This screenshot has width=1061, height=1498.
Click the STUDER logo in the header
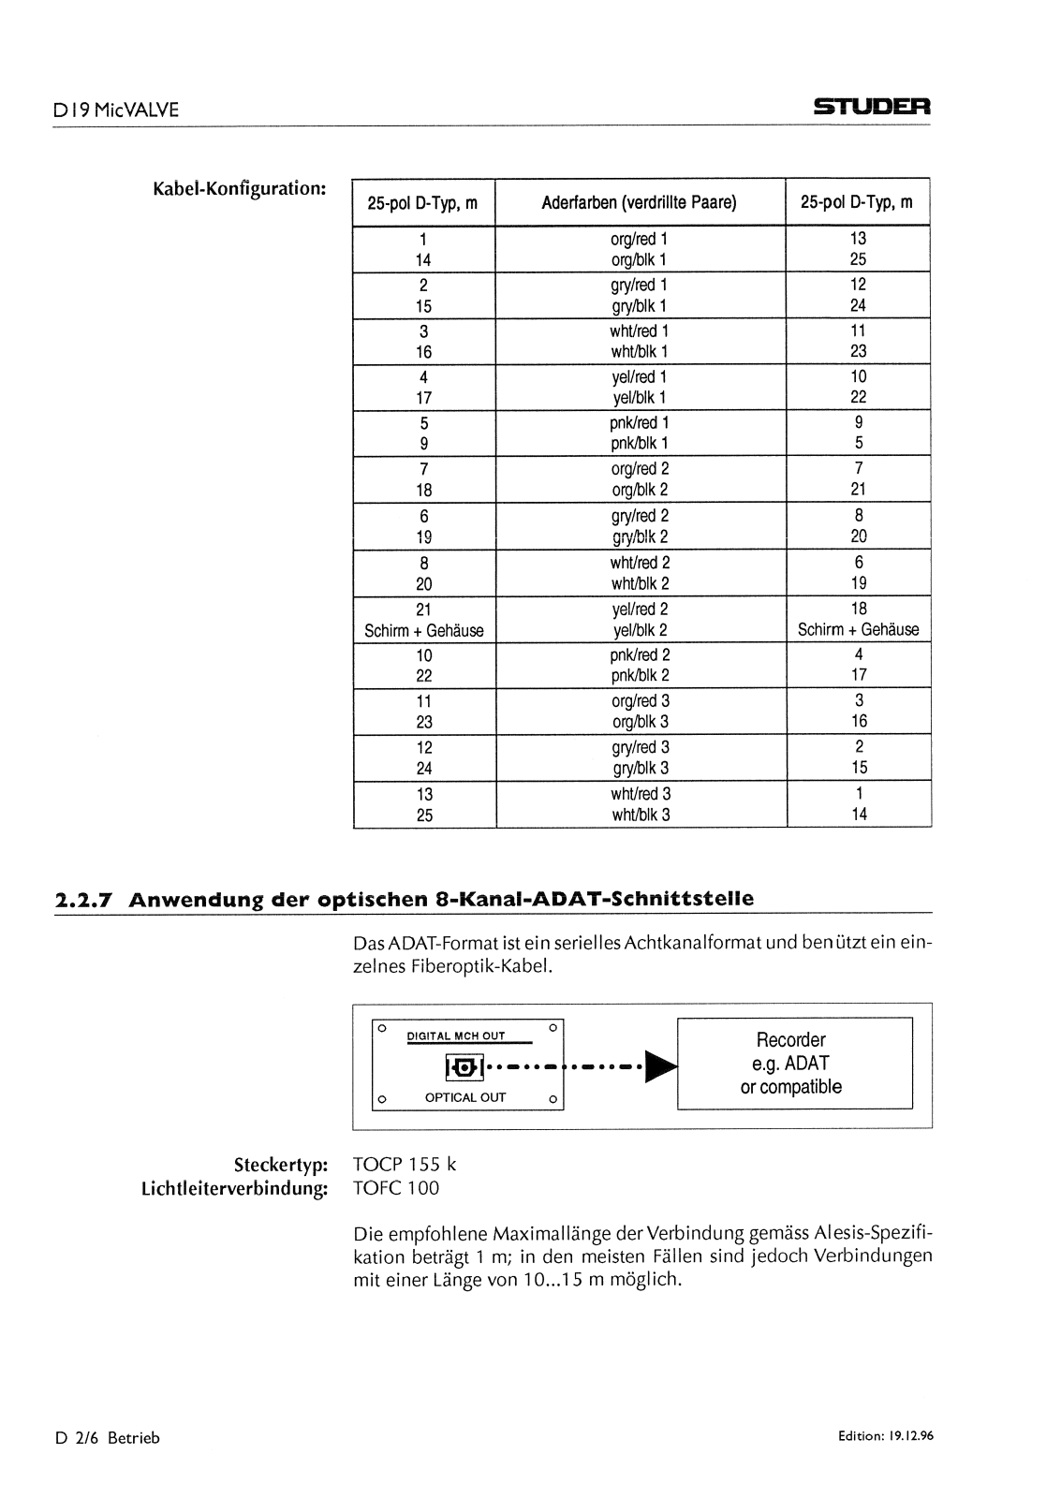pyautogui.click(x=871, y=109)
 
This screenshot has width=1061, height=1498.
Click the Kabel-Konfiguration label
pyautogui.click(x=239, y=187)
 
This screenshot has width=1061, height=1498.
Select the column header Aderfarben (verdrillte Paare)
pyautogui.click(x=640, y=202)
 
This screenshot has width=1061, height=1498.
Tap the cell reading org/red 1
pyautogui.click(x=640, y=239)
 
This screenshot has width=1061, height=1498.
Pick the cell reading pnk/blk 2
pyautogui.click(x=641, y=675)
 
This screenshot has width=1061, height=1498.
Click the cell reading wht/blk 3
pyautogui.click(x=641, y=815)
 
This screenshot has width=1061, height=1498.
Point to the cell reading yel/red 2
pyautogui.click(x=641, y=609)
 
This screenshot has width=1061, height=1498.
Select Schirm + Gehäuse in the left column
pyautogui.click(x=423, y=630)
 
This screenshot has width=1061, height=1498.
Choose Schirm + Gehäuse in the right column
pyautogui.click(x=858, y=630)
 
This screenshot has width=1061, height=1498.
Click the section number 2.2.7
pyautogui.click(x=84, y=901)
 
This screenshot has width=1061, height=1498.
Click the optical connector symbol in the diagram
pyautogui.click(x=463, y=1065)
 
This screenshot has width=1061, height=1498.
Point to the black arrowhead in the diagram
pyautogui.click(x=662, y=1065)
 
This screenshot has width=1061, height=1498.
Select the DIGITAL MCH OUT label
pyautogui.click(x=456, y=1036)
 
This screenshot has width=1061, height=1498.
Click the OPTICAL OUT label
pyautogui.click(x=465, y=1097)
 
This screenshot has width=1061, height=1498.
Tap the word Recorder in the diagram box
pyautogui.click(x=791, y=1040)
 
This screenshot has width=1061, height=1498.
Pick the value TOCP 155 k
pyautogui.click(x=405, y=1165)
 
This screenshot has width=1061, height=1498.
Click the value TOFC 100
pyautogui.click(x=396, y=1188)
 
